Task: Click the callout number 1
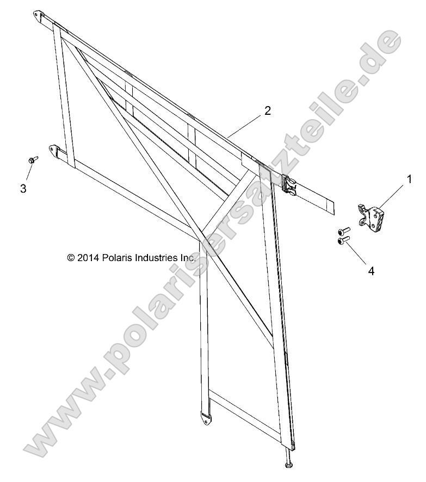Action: click(x=409, y=179)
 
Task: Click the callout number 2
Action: click(x=268, y=111)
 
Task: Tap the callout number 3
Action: click(x=23, y=188)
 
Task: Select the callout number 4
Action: click(x=371, y=271)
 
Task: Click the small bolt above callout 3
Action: click(x=33, y=159)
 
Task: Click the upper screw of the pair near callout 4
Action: click(x=344, y=230)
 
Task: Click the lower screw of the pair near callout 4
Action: click(x=344, y=242)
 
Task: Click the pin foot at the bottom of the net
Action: click(x=289, y=467)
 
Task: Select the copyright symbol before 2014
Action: click(x=71, y=258)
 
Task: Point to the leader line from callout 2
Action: click(x=245, y=126)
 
